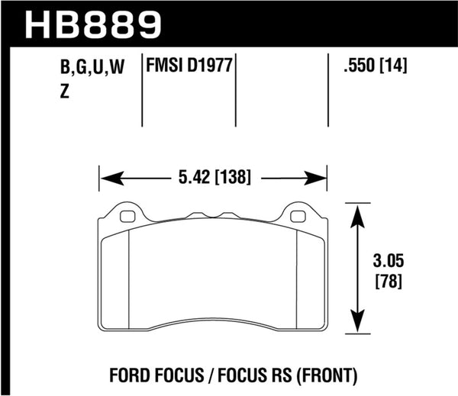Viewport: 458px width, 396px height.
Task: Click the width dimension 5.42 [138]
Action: (x=213, y=179)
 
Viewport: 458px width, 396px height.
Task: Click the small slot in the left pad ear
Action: (x=127, y=216)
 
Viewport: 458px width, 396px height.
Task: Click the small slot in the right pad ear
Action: (x=298, y=216)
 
